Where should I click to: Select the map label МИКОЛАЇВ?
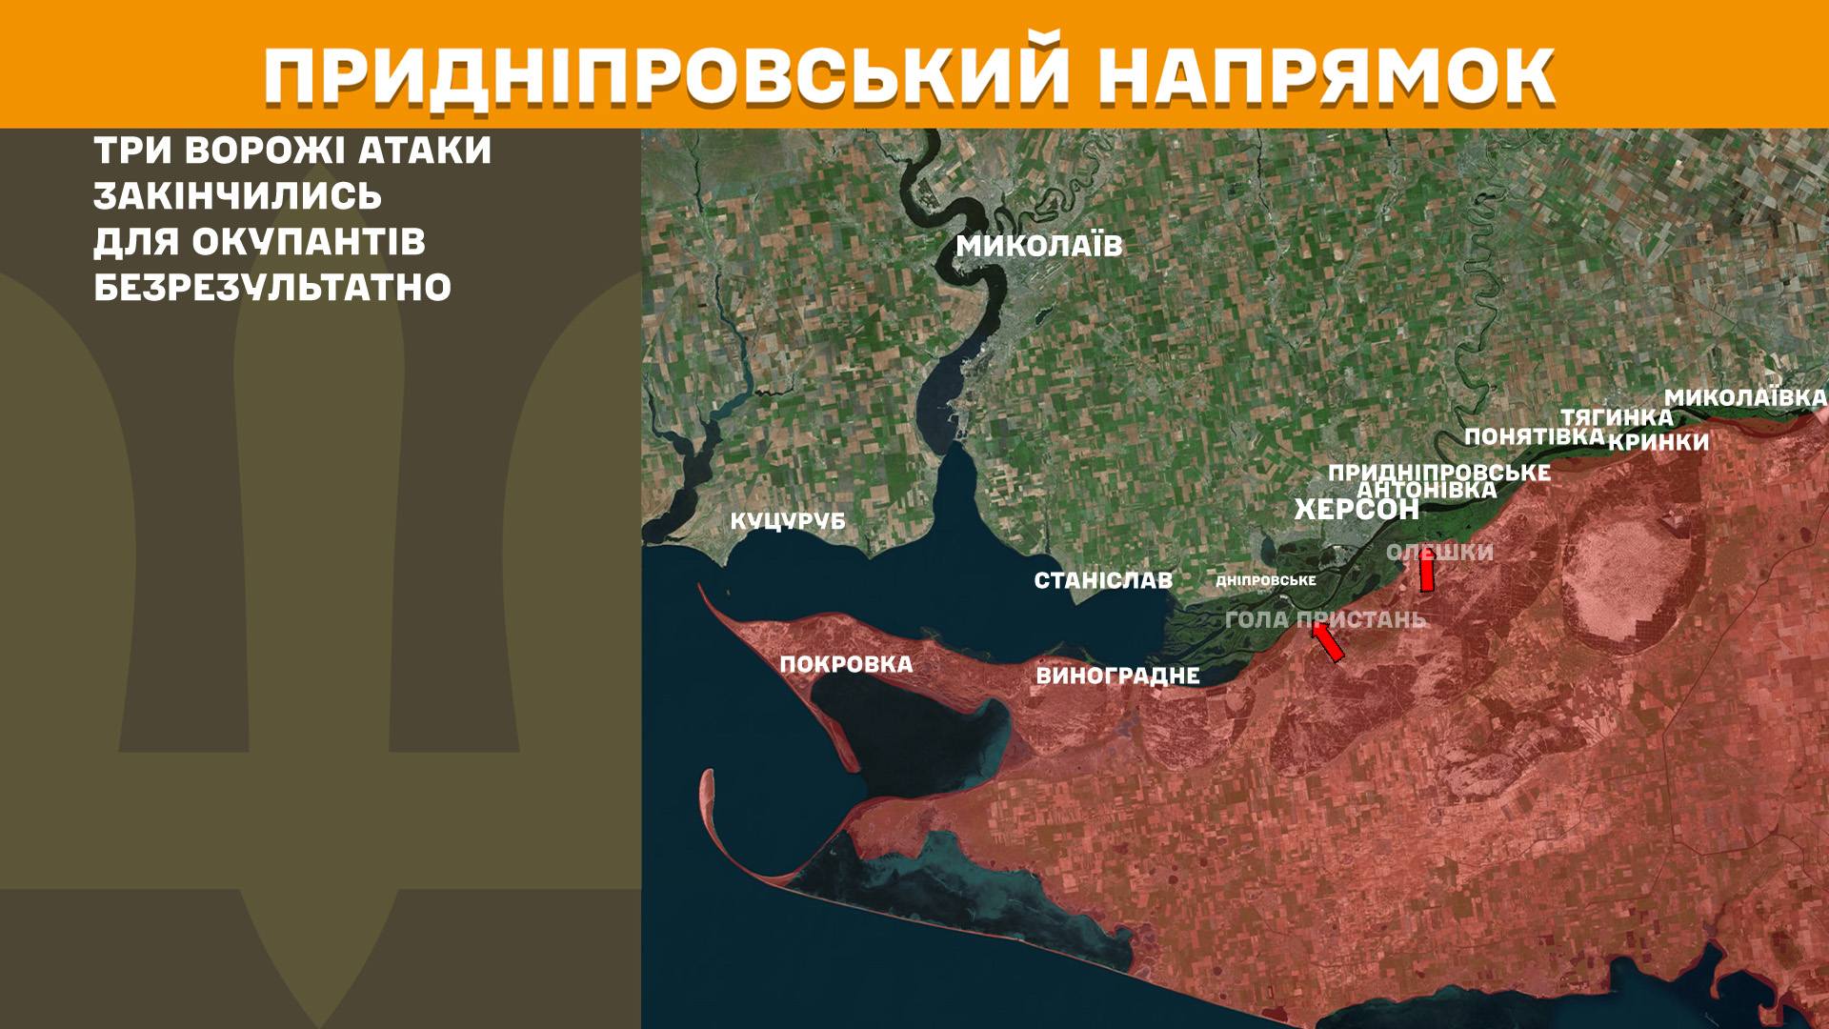[1039, 247]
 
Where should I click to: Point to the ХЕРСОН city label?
[1357, 511]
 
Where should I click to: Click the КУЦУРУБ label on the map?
[788, 522]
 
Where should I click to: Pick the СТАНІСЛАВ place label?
[1103, 580]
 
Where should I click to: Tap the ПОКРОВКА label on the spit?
[846, 664]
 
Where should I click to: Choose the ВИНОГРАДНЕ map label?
[1116, 676]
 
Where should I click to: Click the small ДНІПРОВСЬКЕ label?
[1266, 580]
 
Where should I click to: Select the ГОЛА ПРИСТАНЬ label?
[1325, 619]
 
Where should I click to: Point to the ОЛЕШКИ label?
[1439, 553]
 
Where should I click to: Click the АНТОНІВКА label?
[1426, 490]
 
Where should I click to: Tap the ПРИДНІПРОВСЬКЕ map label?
[1438, 473]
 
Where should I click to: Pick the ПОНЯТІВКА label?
[1534, 436]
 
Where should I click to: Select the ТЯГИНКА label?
[1616, 417]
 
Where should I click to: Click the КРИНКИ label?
[1658, 442]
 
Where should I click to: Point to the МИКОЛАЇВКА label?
[1745, 397]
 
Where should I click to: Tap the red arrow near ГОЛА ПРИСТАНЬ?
[1328, 642]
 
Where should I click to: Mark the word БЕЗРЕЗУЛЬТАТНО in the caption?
[272, 288]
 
